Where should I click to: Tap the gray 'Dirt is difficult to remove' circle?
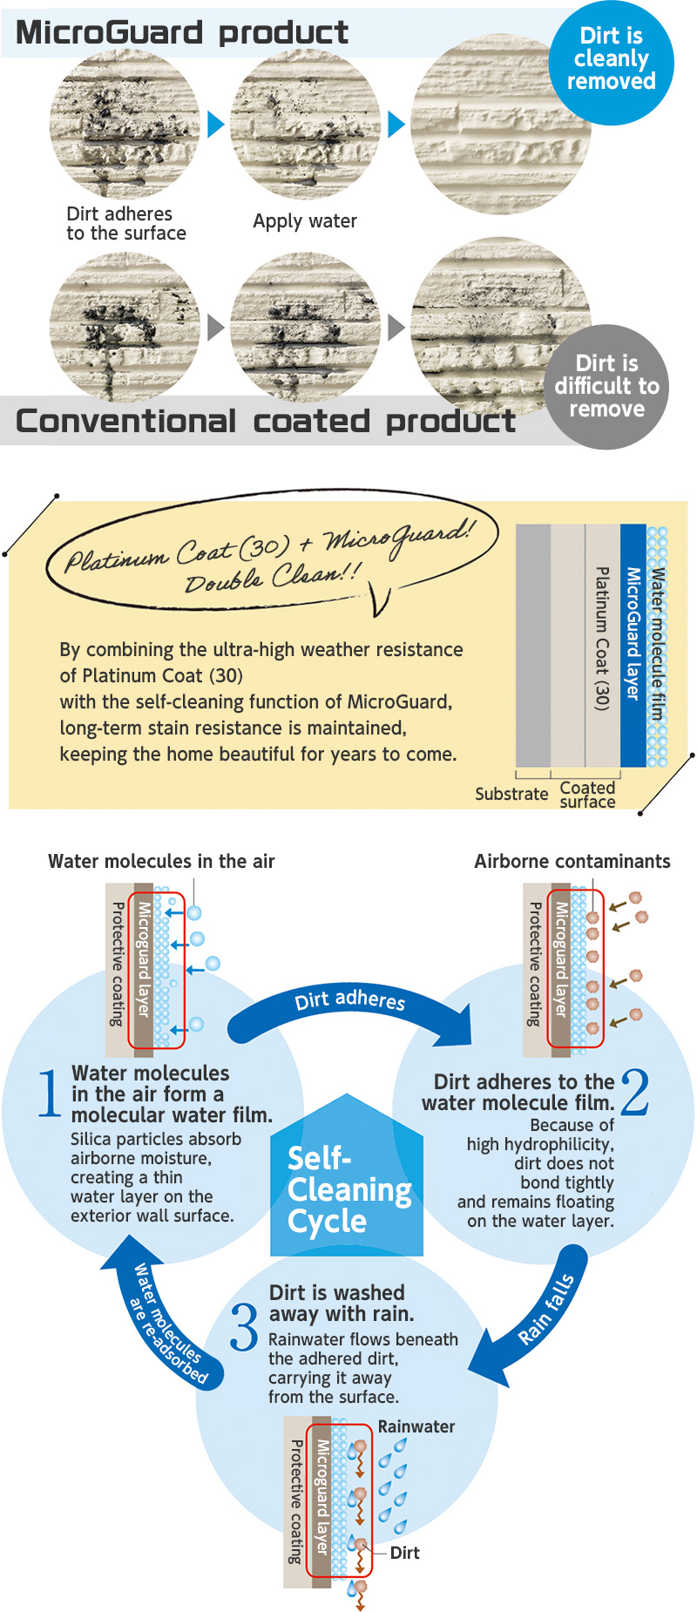tap(607, 387)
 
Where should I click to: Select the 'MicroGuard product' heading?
tap(182, 32)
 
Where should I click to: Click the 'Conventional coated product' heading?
tap(266, 421)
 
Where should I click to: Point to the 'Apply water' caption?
tap(305, 221)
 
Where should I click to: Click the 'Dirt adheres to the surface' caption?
tap(126, 223)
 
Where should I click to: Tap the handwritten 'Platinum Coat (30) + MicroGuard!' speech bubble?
tap(272, 554)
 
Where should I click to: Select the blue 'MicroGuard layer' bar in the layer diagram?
tap(633, 645)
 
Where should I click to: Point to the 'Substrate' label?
tap(511, 794)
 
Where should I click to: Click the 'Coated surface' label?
tap(587, 795)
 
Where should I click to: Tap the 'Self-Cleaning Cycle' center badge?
tap(347, 1176)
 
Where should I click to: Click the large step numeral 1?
tap(50, 1093)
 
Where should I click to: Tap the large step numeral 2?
tap(635, 1092)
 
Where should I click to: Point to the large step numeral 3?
tap(244, 1326)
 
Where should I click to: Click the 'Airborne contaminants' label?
tap(572, 861)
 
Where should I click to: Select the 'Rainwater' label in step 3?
tap(416, 1426)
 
